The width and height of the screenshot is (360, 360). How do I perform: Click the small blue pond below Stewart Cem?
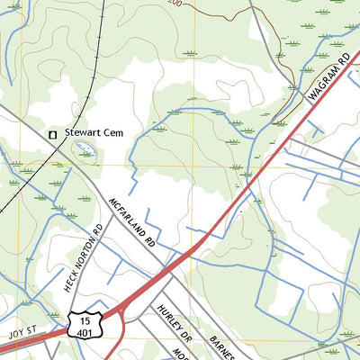86,152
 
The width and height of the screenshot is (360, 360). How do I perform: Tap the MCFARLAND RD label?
132,223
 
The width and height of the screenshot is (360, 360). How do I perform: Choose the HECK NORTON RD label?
84,257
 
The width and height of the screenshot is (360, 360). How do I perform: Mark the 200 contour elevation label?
175,4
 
